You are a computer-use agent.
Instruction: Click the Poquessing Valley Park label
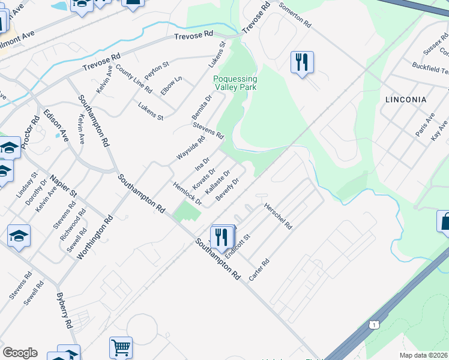tap(235, 83)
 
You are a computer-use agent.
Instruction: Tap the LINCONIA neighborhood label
tap(406, 100)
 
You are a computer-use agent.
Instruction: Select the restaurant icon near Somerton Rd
tap(302, 62)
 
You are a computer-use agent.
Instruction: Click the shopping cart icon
tap(121, 347)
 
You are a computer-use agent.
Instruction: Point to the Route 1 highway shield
tap(375, 325)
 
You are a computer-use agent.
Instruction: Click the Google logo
tap(20, 353)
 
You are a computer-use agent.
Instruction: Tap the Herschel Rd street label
tap(278, 216)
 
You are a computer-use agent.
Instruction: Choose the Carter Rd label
tap(260, 271)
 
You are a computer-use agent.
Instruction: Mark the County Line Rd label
tap(133, 78)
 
